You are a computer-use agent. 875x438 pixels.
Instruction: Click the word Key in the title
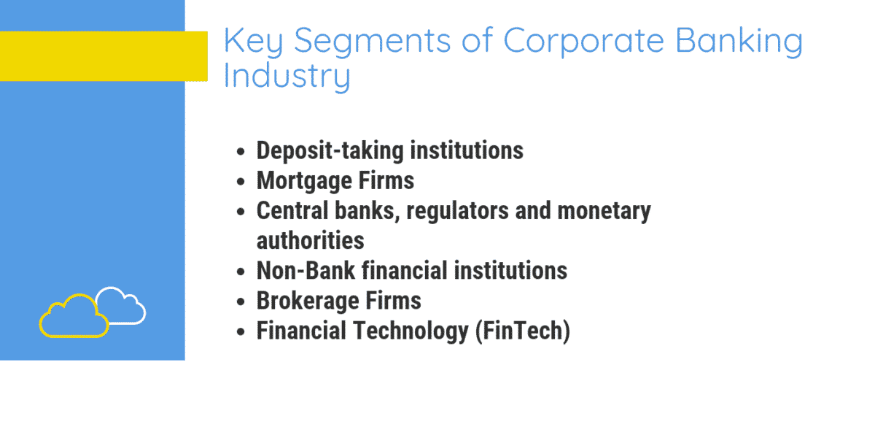click(x=249, y=42)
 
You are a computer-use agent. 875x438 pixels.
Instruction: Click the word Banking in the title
click(x=739, y=43)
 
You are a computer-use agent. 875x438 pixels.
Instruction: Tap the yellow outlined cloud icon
click(x=73, y=317)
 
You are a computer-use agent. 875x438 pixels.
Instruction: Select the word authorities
click(x=310, y=239)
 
